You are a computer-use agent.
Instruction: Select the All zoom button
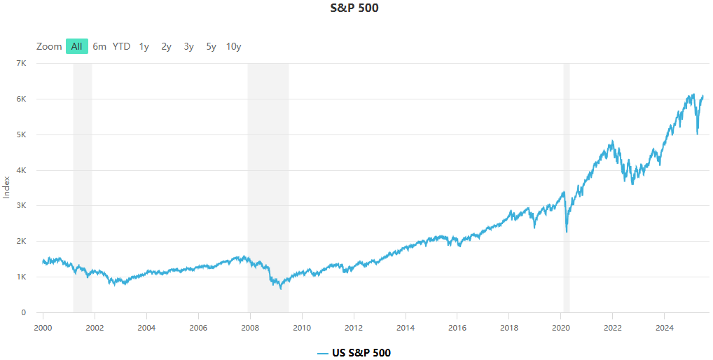pos(76,47)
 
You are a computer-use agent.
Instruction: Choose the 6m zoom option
pos(99,47)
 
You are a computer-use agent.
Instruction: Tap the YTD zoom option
pos(121,47)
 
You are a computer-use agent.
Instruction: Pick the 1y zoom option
pos(144,47)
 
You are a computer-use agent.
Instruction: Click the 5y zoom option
pos(211,47)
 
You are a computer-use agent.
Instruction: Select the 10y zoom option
pos(233,47)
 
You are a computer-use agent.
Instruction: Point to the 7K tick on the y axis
pos(21,64)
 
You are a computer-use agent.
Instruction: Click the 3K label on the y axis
pos(21,206)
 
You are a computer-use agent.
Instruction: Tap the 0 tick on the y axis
pos(24,313)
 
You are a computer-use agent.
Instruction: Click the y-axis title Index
pos(7,188)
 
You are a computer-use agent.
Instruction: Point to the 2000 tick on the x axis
pos(43,327)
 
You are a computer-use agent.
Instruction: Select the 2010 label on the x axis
pos(302,327)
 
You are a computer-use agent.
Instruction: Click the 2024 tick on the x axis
pos(665,327)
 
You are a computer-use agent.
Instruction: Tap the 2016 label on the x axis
pos(457,327)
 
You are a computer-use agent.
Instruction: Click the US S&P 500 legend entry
pos(354,353)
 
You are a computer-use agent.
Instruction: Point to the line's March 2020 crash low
pos(566,232)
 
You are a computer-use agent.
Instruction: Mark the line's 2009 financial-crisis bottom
pos(281,289)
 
